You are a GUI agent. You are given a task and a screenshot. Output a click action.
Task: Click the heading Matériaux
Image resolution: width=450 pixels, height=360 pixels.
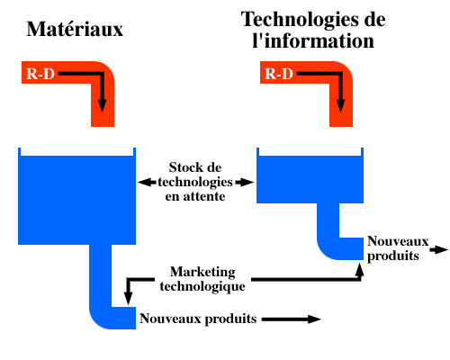tap(75, 29)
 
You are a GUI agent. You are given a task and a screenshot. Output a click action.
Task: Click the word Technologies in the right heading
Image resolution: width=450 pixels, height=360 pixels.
tap(301, 21)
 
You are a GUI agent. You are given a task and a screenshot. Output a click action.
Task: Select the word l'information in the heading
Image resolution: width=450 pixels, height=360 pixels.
tap(313, 41)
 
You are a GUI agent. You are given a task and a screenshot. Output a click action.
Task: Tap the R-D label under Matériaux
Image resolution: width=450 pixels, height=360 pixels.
tap(40, 74)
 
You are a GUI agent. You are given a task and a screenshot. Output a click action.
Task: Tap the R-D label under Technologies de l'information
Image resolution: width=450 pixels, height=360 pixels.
tap(279, 74)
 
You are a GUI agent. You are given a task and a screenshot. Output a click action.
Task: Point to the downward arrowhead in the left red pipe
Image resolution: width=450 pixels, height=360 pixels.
tap(102, 105)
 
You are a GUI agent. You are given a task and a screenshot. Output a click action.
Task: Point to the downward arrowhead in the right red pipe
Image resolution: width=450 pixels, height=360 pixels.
tap(340, 105)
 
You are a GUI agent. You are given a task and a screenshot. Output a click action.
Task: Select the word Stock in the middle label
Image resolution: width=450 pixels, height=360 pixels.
tap(183, 167)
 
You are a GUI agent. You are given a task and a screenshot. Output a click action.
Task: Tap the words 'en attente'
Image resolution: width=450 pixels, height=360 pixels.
tap(195, 196)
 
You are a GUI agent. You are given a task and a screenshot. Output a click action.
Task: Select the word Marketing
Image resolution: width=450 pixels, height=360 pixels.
tap(202, 273)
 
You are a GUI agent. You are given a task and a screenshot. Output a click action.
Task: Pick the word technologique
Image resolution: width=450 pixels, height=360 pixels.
tap(202, 286)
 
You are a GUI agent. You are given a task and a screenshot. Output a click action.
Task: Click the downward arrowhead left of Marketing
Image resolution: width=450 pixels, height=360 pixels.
tap(129, 298)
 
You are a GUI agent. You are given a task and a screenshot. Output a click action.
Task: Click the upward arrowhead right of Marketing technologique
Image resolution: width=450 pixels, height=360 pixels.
tap(359, 269)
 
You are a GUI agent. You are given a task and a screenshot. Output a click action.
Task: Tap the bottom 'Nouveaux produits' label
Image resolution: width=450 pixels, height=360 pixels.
tap(198, 319)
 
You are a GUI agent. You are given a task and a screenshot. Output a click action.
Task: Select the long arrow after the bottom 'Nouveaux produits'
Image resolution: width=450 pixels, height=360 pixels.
tap(292, 319)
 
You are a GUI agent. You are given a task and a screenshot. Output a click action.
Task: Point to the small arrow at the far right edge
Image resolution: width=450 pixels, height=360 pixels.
tap(439, 249)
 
